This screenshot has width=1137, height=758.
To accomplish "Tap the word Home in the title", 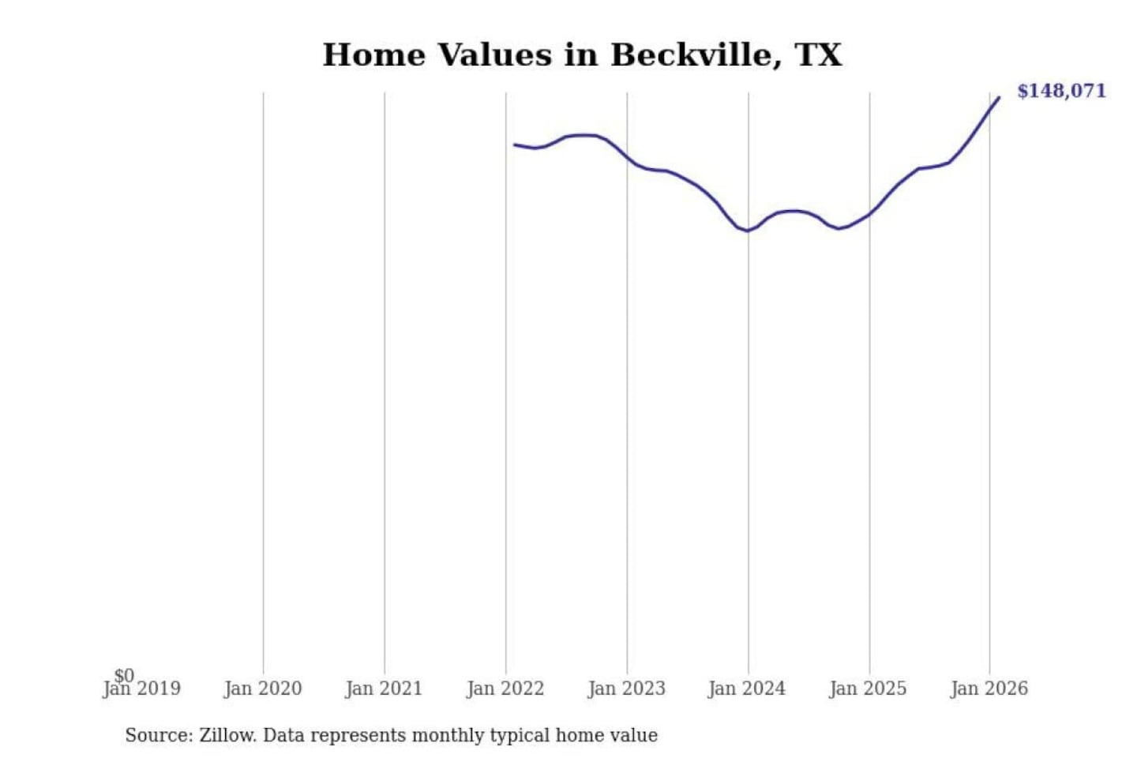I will [373, 55].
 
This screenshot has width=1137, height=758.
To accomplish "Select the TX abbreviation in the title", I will [819, 55].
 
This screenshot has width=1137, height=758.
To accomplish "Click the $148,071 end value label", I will [1061, 91].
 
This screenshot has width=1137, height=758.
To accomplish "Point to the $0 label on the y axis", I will [124, 675].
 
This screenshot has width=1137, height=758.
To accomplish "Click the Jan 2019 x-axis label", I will [142, 689].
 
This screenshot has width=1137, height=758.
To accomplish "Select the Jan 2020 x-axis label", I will [263, 689].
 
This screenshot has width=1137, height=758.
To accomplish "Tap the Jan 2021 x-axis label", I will [384, 689].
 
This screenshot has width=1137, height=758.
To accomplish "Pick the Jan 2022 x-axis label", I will [505, 689].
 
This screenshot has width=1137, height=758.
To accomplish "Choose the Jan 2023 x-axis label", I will [626, 689].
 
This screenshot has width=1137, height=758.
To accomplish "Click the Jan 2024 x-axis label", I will [747, 689].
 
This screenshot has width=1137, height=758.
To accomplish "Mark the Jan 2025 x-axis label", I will [868, 689].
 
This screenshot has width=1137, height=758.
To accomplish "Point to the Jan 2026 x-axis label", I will [989, 689].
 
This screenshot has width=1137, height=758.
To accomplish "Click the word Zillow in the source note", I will [227, 736].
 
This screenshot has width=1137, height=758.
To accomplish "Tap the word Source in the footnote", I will [158, 736].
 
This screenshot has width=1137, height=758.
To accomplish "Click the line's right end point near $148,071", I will [999, 98].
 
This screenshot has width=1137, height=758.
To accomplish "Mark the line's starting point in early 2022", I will [515, 144].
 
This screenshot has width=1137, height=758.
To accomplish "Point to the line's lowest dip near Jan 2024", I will [746, 231].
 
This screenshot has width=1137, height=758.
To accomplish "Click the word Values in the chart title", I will [494, 55].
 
